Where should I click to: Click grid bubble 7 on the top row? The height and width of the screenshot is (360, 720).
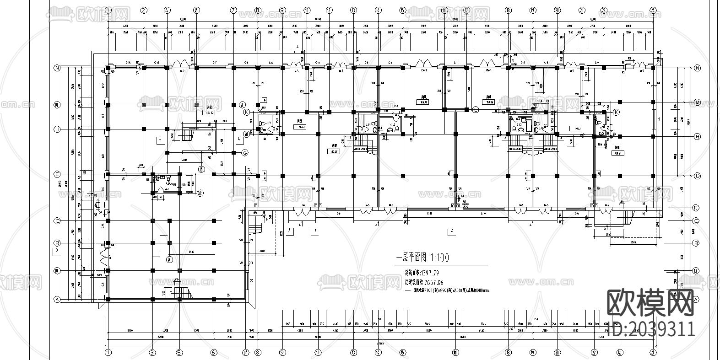click(233, 10)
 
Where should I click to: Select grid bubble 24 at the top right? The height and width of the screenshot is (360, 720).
click(653, 10)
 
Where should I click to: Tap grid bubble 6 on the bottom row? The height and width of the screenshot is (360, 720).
click(213, 352)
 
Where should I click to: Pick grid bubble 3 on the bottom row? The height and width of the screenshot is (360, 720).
click(152, 352)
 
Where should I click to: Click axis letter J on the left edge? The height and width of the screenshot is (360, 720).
click(58, 130)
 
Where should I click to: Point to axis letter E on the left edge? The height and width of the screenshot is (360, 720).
click(58, 174)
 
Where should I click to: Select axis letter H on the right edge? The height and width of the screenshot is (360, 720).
click(698, 136)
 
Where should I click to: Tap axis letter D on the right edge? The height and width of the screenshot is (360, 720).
click(698, 176)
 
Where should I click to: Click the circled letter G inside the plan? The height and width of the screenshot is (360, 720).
click(245, 152)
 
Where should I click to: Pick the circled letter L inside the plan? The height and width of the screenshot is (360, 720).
click(476, 109)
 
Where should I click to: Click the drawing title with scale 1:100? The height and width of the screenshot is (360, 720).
click(422, 258)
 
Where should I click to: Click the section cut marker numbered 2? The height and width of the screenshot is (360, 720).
click(451, 231)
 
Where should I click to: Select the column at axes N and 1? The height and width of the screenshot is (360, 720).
click(108, 68)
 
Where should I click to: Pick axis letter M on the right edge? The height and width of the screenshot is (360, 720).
click(698, 102)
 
